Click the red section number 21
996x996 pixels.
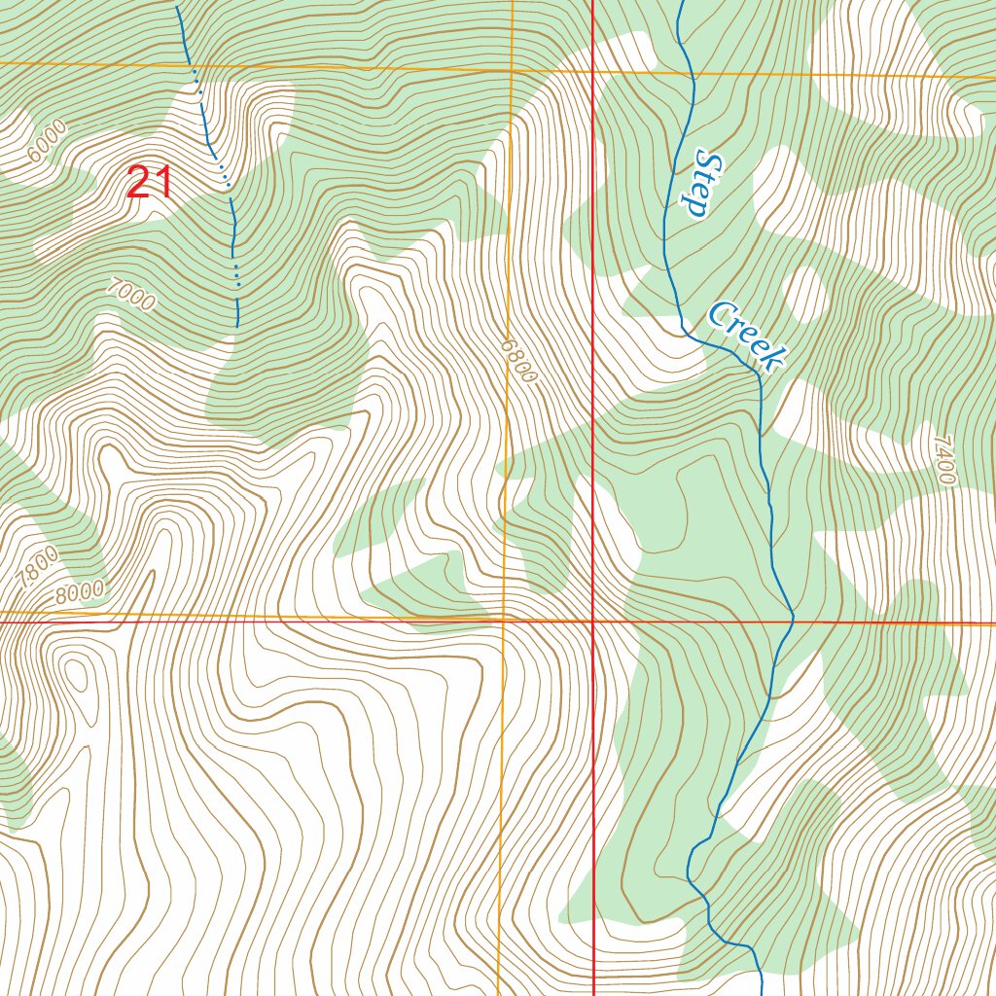tap(150, 183)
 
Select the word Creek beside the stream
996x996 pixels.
tap(746, 337)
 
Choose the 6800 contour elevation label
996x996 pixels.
tap(519, 360)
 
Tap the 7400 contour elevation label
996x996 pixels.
tap(943, 460)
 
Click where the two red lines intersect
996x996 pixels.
tap(593, 620)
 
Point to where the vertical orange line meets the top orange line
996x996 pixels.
tap(512, 70)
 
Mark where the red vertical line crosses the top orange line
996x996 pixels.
tap(593, 71)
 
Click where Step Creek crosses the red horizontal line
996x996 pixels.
tap(793, 621)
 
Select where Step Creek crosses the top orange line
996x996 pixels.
tap(691, 72)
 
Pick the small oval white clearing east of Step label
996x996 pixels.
tap(805, 292)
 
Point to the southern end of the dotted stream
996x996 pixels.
tap(237, 325)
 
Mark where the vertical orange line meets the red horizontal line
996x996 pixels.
tap(504, 619)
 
